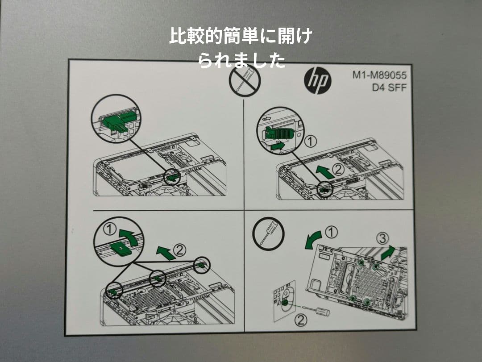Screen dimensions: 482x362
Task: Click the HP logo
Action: (318, 80)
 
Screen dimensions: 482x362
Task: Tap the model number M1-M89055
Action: (379, 75)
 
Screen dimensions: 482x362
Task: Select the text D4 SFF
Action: (389, 87)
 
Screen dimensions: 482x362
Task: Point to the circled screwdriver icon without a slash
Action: (268, 233)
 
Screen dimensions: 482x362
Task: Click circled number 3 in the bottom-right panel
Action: (382, 238)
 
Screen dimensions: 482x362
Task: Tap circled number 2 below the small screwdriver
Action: (301, 320)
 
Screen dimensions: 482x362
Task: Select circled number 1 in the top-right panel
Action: (311, 142)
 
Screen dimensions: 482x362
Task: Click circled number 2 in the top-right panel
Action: (338, 169)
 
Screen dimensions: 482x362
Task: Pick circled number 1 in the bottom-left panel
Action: (110, 229)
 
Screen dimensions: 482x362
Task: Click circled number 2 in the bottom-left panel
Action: (180, 250)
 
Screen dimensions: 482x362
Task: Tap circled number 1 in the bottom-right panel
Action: (331, 233)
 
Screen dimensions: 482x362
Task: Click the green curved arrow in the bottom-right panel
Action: (312, 239)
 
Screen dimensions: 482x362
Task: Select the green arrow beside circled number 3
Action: (388, 253)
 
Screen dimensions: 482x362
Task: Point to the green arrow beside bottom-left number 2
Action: (166, 253)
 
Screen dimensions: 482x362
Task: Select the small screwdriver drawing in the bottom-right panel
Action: (316, 310)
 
